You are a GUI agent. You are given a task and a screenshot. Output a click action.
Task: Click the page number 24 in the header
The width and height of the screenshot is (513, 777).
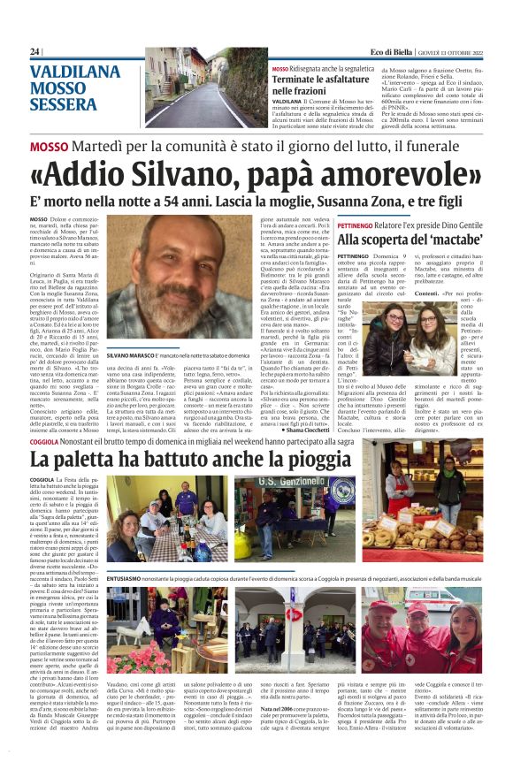point(34,52)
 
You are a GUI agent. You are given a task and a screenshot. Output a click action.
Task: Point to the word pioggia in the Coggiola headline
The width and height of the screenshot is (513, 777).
point(282,459)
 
